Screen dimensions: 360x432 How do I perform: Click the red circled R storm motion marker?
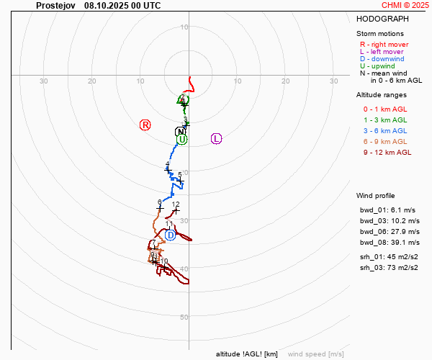coord(145,125)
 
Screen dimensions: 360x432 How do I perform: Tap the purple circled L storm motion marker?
coord(216,138)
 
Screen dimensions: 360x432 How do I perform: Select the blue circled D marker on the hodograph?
coord(170,235)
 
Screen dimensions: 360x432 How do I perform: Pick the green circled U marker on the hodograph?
coord(182,139)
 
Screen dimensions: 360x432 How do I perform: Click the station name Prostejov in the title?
coord(55,5)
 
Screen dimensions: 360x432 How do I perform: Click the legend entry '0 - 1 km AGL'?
coord(385,109)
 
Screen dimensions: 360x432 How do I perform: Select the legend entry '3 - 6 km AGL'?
coord(385,130)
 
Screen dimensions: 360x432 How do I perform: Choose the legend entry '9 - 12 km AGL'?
coord(387,152)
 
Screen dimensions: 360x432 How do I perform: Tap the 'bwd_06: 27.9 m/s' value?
coord(390,232)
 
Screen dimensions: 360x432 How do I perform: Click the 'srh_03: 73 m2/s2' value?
coord(390,268)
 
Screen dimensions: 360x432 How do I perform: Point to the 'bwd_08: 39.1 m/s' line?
coord(390,243)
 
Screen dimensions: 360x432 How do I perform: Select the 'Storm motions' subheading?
coord(380,33)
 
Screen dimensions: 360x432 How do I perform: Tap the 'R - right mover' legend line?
coord(384,45)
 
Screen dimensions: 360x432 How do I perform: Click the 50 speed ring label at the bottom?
coord(184,317)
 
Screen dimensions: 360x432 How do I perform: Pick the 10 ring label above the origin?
coord(184,27)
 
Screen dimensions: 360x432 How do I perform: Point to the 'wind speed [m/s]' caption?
coord(315,354)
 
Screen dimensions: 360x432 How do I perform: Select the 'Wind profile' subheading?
coord(375,196)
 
